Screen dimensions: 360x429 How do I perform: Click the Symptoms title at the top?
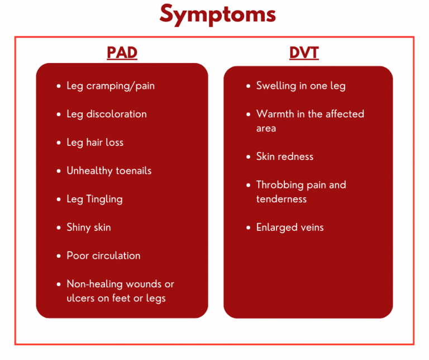coord(217,14)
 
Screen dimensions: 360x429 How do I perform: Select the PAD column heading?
coord(122,53)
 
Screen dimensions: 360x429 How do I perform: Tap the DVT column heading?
coord(303,53)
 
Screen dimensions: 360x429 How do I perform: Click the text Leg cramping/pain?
coord(111,86)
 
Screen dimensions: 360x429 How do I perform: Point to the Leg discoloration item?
coord(107,114)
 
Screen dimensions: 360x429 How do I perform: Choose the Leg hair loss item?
coord(95,143)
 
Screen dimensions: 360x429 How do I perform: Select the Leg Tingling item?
coord(94,199)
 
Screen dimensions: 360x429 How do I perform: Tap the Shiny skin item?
coord(89,228)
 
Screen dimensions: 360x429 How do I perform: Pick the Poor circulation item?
coord(103,255)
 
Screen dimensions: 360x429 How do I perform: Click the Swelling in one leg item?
coord(301,86)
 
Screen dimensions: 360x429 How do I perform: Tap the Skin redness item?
coord(285,157)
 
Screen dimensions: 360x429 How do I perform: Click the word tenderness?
coord(282,199)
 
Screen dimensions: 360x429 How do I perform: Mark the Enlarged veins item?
coord(290,228)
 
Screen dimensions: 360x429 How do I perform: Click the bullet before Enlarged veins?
coord(249,228)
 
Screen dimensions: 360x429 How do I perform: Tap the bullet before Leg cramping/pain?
coord(59,86)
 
